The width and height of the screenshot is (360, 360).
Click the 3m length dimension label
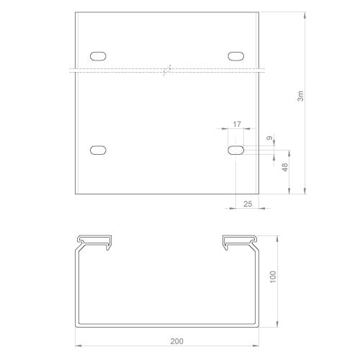pos(300,96)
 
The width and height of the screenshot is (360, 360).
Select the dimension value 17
pos(237,124)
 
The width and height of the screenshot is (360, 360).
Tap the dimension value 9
pos(270,138)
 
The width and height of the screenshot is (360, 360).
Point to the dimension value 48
pos(284,167)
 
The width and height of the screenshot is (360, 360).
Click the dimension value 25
pos(248,204)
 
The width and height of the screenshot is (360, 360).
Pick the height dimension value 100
pos(273,277)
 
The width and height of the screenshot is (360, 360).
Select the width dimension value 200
pos(176,341)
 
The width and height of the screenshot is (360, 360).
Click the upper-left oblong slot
pos(98,56)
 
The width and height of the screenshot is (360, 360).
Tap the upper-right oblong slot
pos(236,56)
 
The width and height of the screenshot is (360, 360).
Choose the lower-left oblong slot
pos(98,150)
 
